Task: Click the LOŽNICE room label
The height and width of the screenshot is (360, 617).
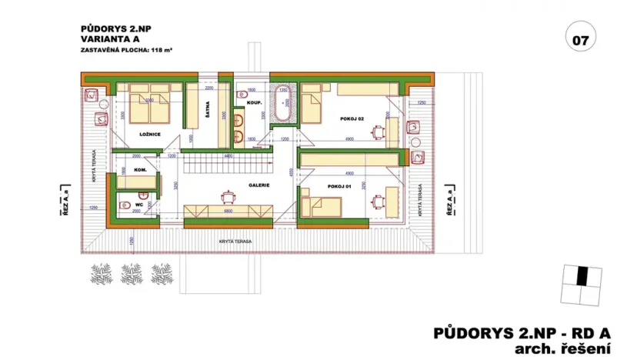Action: pyautogui.click(x=149, y=135)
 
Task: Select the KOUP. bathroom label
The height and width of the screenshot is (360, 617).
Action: pyautogui.click(x=255, y=103)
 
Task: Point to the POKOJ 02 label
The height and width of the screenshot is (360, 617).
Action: pyautogui.click(x=350, y=119)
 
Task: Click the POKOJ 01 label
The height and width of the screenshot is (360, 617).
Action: pyautogui.click(x=339, y=186)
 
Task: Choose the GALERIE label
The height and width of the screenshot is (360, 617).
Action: pyautogui.click(x=257, y=185)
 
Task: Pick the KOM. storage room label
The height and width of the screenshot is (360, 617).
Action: pyautogui.click(x=140, y=169)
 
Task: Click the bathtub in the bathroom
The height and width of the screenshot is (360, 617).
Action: pyautogui.click(x=282, y=105)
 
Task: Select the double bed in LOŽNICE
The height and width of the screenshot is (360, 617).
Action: pyautogui.click(x=148, y=104)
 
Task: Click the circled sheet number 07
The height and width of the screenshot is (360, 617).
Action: pyautogui.click(x=580, y=38)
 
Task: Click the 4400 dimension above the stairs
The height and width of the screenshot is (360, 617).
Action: pyautogui.click(x=228, y=155)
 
